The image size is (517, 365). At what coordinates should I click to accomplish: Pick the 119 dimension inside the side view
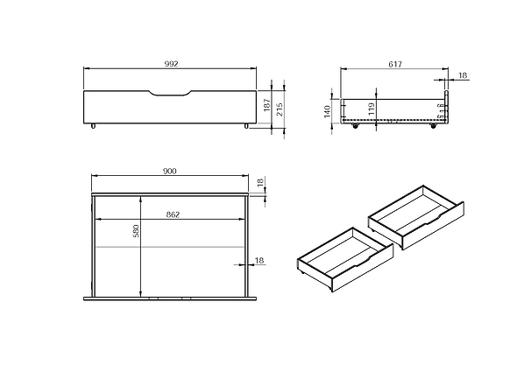coord(372,109)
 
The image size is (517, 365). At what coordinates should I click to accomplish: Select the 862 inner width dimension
coord(172,214)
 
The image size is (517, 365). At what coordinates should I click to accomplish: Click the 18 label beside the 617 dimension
coord(463,76)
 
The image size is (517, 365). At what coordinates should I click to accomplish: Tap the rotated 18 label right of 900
coord(260,182)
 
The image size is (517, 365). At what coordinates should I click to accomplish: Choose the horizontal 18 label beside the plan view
coord(258,260)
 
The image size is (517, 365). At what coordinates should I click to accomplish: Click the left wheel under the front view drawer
coord(92,127)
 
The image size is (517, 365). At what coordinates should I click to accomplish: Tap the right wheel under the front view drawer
coord(246,127)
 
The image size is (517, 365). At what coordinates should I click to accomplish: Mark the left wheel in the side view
coord(355,126)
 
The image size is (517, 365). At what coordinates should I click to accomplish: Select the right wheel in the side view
coord(433,126)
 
